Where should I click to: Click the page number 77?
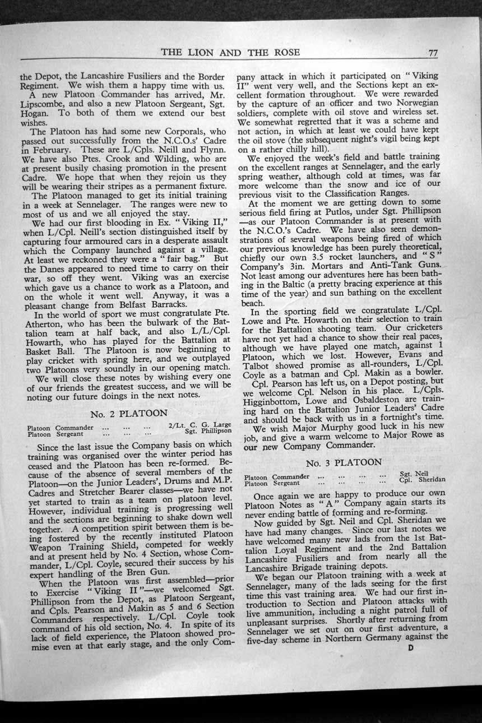point(432,53)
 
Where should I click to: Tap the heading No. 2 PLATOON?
point(129,414)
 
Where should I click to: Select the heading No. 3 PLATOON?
point(344,462)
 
